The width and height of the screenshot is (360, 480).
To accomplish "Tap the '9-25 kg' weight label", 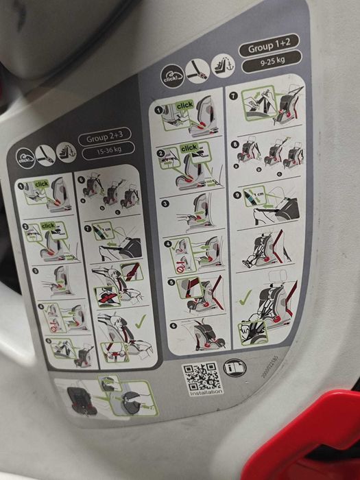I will pyautogui.click(x=272, y=60).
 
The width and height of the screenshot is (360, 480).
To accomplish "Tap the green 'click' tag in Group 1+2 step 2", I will pyautogui.click(x=189, y=147).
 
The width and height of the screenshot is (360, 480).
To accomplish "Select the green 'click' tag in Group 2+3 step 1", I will pyautogui.click(x=41, y=184).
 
